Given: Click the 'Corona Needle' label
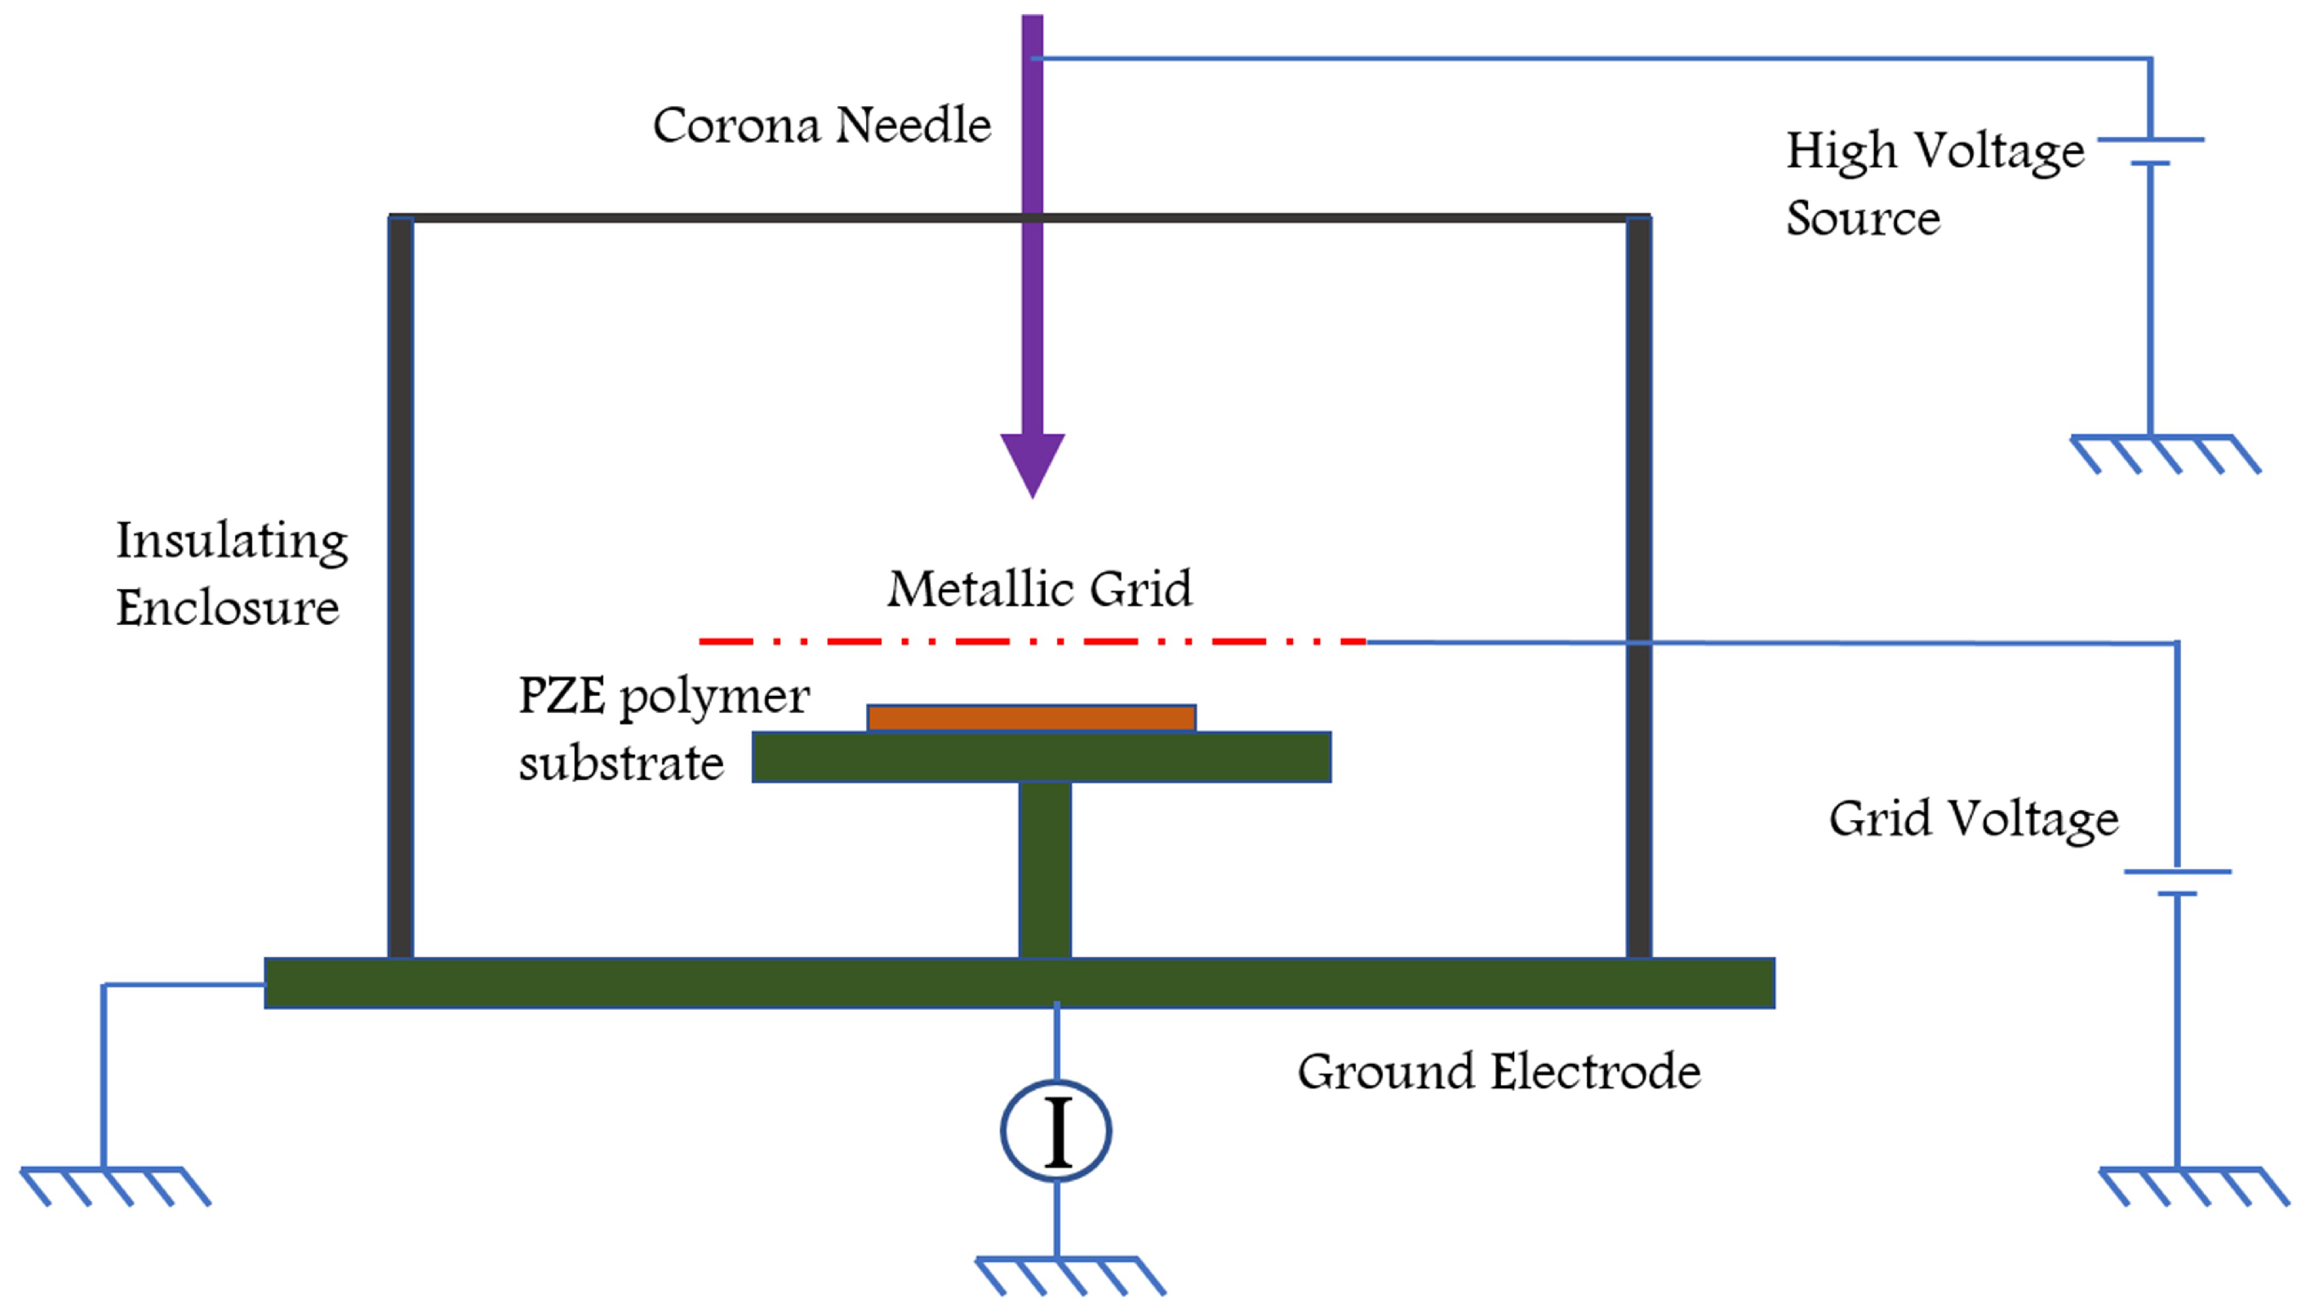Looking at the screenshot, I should point(821,125).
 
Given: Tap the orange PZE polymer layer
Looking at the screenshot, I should point(1031,718).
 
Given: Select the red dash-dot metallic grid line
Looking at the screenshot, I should point(1031,642).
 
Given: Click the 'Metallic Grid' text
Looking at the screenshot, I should point(1039,589).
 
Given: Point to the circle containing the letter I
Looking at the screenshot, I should point(1055,1131).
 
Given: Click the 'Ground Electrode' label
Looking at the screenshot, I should point(1498,1072).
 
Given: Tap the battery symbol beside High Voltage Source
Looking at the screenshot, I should point(2150,152).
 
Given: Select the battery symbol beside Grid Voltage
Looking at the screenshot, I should point(2176,882).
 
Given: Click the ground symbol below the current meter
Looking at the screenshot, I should point(1068,1274).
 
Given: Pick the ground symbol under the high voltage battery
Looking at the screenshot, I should point(2165,454).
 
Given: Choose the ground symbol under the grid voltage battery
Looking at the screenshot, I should point(2192,1185).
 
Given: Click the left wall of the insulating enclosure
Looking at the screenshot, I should point(401,587).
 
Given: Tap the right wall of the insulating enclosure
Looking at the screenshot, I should point(1638,587).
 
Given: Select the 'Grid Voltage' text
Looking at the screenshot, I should point(1973,819).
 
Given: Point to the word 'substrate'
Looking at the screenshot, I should point(621,764).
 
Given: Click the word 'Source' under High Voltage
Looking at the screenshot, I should point(1863,219).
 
